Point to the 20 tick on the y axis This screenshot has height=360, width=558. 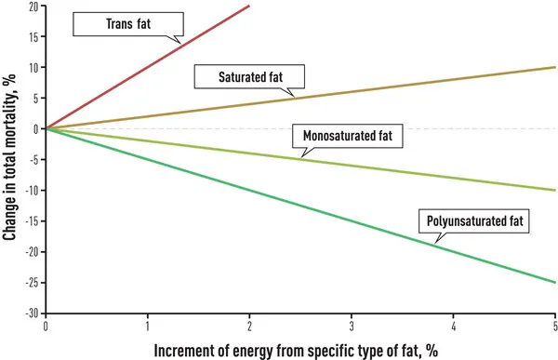pyautogui.click(x=33, y=7)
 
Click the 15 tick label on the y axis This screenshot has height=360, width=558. pyautogui.click(x=33, y=37)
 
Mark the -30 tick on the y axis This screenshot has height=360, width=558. pyautogui.click(x=32, y=313)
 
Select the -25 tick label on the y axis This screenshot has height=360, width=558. pyautogui.click(x=32, y=283)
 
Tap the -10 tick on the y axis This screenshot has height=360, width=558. pyautogui.click(x=32, y=191)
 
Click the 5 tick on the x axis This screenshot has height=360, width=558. pyautogui.click(x=555, y=327)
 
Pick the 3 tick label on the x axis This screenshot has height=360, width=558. pyautogui.click(x=352, y=327)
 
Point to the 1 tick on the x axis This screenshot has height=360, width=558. pyautogui.click(x=148, y=327)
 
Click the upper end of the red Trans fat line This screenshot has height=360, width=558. pyautogui.click(x=249, y=6)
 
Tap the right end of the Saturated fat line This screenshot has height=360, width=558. pyautogui.click(x=555, y=68)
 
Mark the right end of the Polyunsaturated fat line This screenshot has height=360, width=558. pyautogui.click(x=555, y=282)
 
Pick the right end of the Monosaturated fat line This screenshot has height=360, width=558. pyautogui.click(x=555, y=190)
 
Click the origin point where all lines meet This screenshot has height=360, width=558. pyautogui.click(x=46, y=129)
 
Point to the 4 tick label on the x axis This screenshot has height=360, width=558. pyautogui.click(x=454, y=327)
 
